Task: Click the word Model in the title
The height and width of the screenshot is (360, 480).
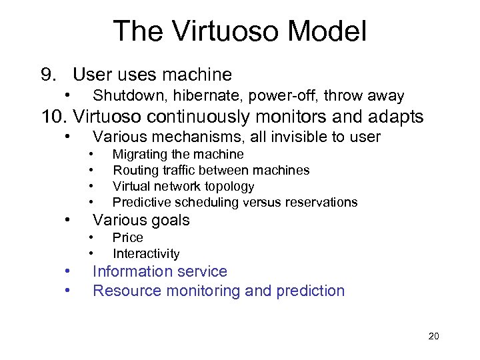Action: (328, 31)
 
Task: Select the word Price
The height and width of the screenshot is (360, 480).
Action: (127, 237)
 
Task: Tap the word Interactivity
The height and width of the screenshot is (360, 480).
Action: (146, 253)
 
